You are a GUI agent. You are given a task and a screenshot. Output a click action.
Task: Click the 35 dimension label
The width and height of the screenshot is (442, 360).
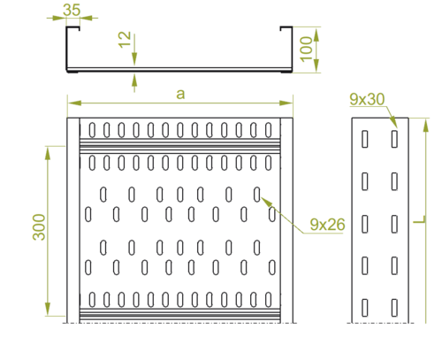coord(72,10)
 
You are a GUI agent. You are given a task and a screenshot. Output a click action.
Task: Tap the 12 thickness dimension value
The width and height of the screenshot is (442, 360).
coord(125,40)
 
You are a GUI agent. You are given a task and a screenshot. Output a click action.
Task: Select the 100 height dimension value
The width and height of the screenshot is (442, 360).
coord(306,50)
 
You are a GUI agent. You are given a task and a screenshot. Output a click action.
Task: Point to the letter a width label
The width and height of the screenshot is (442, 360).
coord(180,95)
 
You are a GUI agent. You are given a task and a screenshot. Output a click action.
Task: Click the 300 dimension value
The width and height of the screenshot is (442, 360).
coord(39,227)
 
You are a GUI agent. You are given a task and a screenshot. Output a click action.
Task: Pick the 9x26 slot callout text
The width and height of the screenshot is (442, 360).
coord(327,225)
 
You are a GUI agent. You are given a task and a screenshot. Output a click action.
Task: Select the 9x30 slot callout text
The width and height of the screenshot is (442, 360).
coord(367,99)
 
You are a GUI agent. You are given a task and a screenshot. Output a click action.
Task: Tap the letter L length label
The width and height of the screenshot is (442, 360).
coord(419,219)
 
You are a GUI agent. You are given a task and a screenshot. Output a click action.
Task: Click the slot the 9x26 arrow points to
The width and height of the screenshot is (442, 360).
coord(257,195)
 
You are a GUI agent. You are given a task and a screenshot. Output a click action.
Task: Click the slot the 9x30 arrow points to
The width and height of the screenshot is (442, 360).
coord(394,139)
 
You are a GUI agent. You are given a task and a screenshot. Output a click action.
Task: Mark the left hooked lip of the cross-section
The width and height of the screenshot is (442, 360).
coord(73,28)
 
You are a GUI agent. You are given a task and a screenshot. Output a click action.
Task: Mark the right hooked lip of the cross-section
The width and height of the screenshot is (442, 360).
coord(286,28)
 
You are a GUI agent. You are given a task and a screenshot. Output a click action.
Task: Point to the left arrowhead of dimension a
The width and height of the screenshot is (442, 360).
coord(74,103)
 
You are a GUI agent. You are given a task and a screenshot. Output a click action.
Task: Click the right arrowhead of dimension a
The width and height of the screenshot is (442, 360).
coord(286,103)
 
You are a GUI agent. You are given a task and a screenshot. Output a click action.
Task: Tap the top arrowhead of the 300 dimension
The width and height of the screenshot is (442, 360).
coord(48,153)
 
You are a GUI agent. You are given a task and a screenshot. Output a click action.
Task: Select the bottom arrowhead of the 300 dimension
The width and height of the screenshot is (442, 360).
coord(48,309)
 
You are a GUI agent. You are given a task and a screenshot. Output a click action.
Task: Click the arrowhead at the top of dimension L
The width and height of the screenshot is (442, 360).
coord(426,125)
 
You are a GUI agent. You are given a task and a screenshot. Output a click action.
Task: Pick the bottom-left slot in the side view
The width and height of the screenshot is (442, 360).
coord(365,308)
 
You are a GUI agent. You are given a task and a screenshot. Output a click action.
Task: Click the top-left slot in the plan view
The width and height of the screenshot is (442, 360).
coord(92,130)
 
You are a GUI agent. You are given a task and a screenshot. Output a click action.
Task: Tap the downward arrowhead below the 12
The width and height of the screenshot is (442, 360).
coord(134,59)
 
